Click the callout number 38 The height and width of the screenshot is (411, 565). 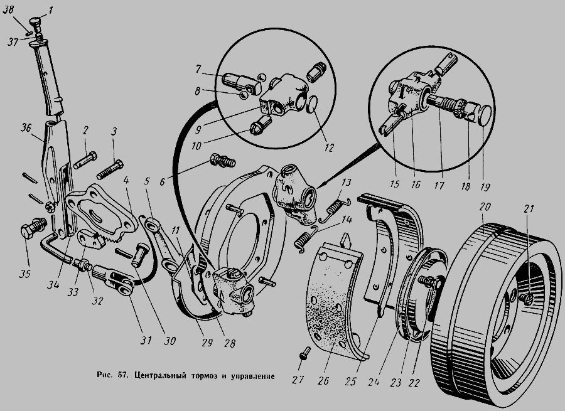(x=8, y=10)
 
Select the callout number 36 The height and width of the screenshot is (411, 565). (x=26, y=128)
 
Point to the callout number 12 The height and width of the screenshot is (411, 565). (x=330, y=147)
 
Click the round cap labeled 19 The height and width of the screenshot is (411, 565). (x=487, y=115)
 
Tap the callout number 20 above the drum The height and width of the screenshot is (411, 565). (x=485, y=207)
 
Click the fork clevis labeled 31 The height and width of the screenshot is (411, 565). (x=115, y=280)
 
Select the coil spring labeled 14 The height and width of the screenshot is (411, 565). (x=306, y=238)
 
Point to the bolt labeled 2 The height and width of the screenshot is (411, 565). (x=85, y=160)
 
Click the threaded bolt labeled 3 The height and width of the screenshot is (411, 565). (x=110, y=169)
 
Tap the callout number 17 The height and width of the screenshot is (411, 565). (x=439, y=186)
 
